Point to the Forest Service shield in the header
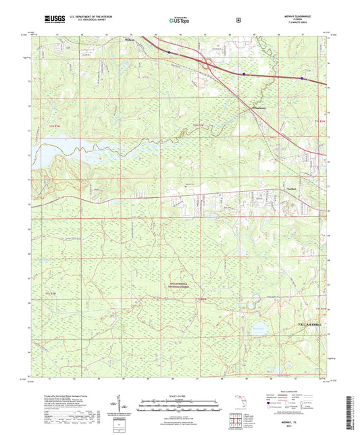[x=238, y=20]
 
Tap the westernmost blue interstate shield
[x=168, y=50]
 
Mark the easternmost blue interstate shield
[x=303, y=78]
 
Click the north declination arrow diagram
[x=122, y=404]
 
